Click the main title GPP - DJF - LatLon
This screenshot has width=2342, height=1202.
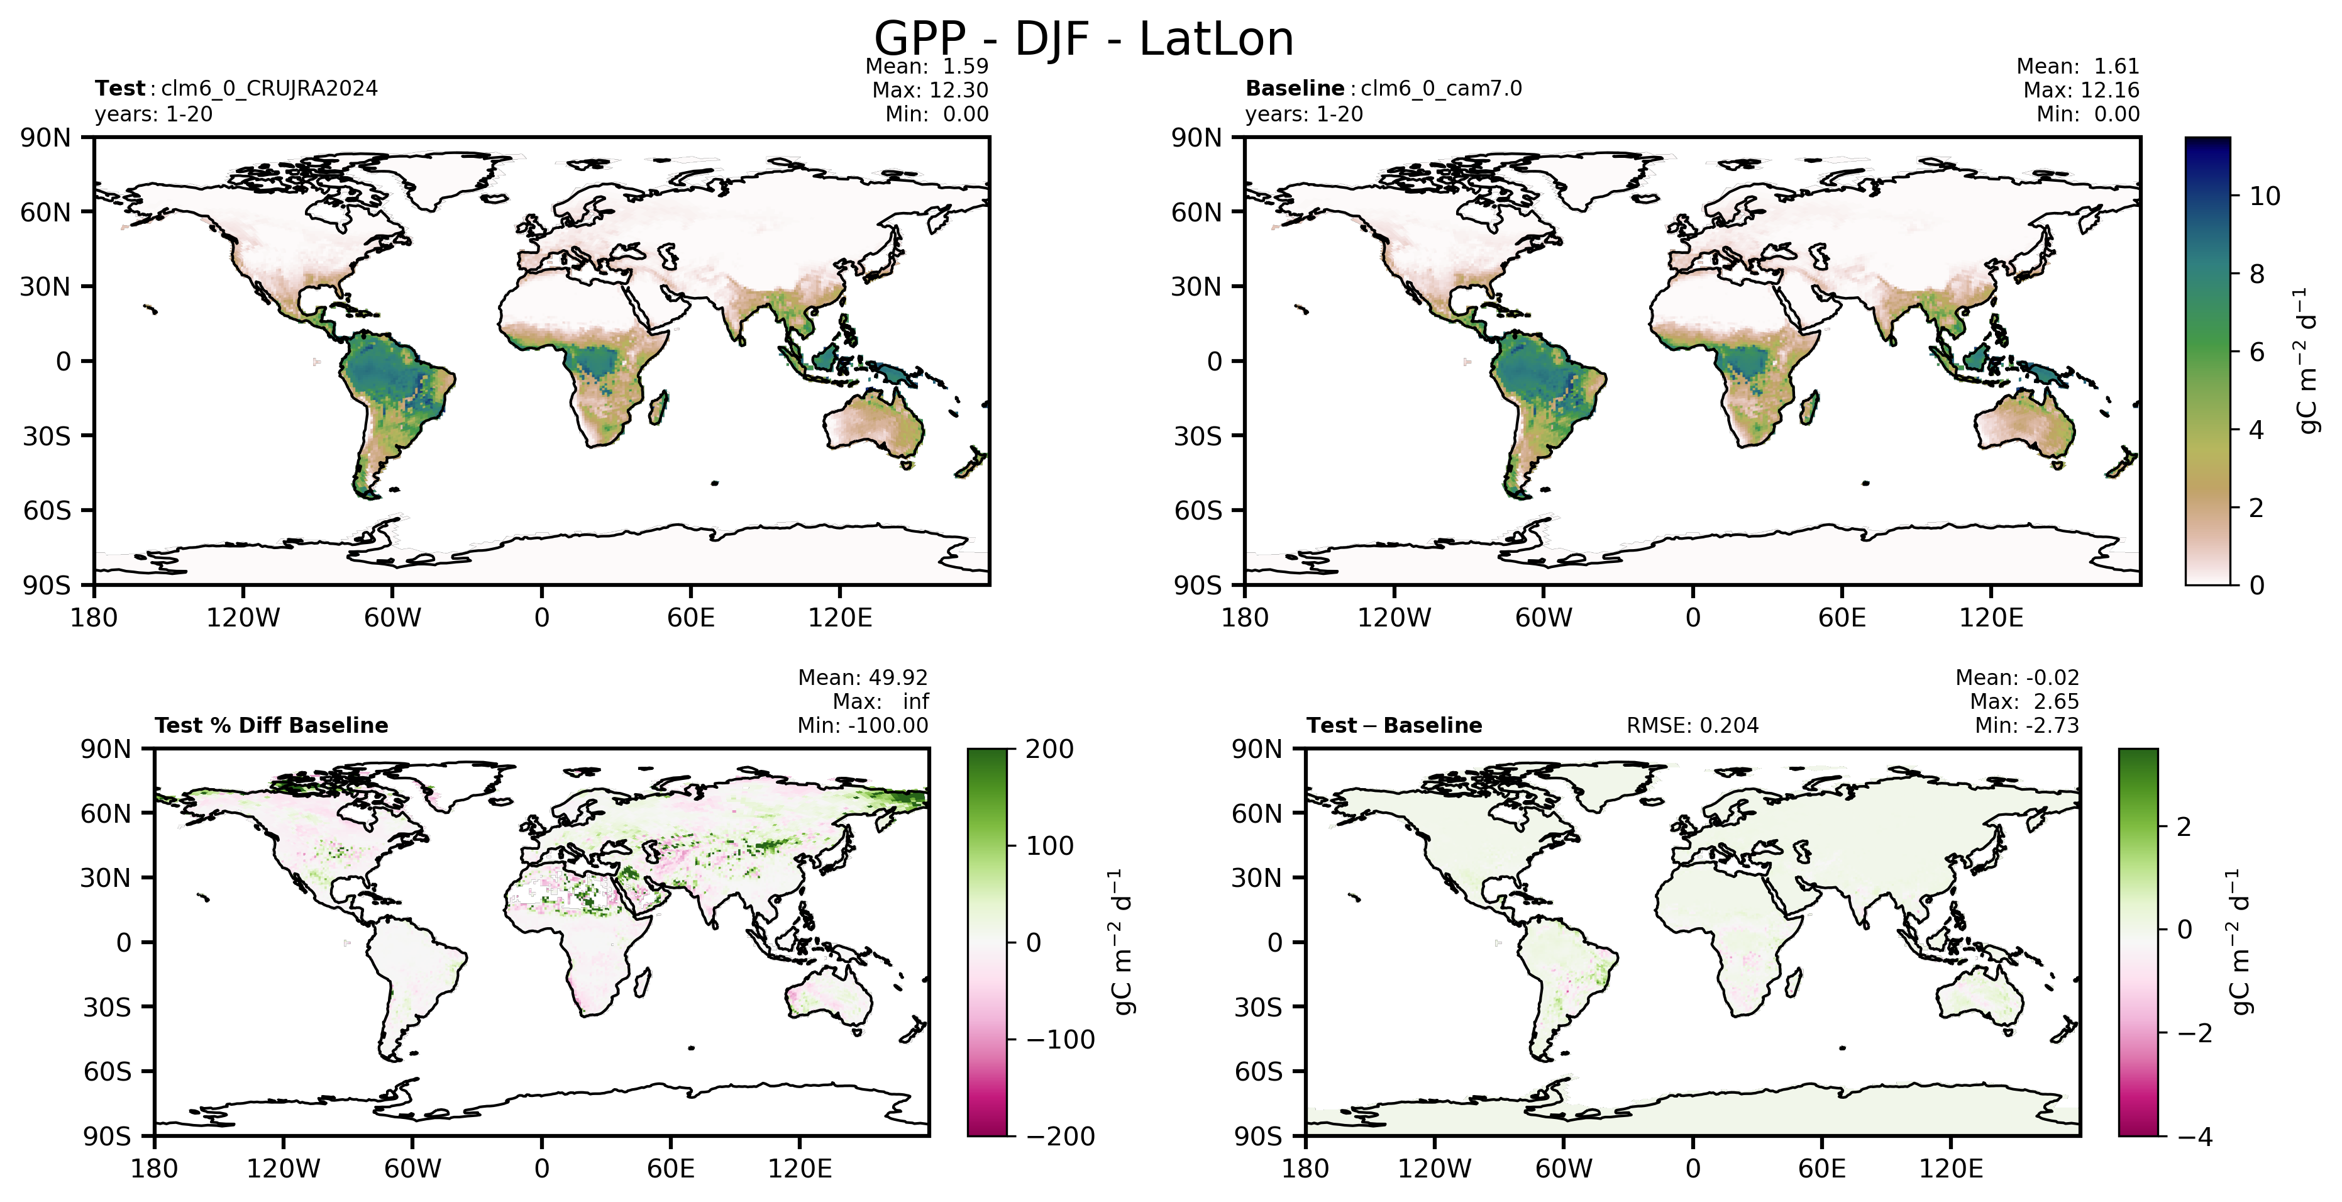[x=1084, y=39]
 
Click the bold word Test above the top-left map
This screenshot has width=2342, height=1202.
[x=120, y=88]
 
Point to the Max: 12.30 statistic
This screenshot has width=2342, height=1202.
[x=930, y=90]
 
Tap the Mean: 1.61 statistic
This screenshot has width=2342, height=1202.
[x=2077, y=67]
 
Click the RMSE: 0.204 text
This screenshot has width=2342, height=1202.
[x=1692, y=726]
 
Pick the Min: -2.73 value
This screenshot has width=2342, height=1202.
[x=2026, y=726]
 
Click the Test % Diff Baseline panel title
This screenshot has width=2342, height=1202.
[x=271, y=726]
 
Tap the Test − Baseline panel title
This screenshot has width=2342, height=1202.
[x=1394, y=726]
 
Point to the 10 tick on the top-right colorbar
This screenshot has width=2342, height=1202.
[x=2265, y=196]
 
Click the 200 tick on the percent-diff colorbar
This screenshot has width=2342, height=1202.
[x=1050, y=749]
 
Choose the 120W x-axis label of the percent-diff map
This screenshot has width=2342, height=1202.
[x=283, y=1169]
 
